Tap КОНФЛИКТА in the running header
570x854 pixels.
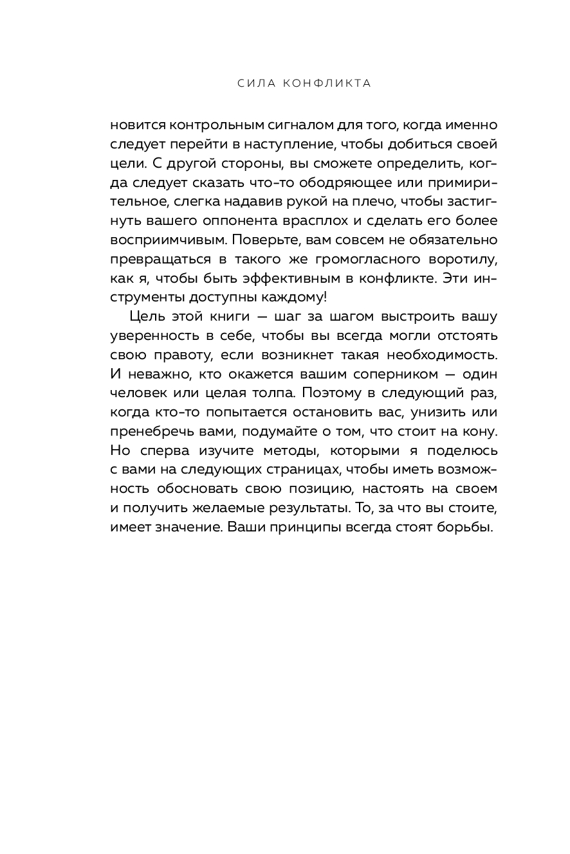click(x=327, y=84)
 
